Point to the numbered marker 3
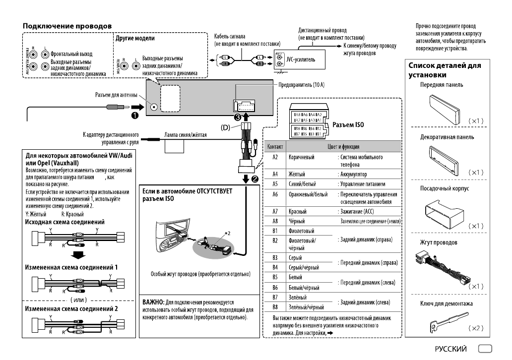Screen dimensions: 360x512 238,118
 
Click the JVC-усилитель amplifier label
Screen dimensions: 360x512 301,60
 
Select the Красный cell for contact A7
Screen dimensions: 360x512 297,211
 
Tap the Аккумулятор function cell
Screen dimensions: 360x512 353,175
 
